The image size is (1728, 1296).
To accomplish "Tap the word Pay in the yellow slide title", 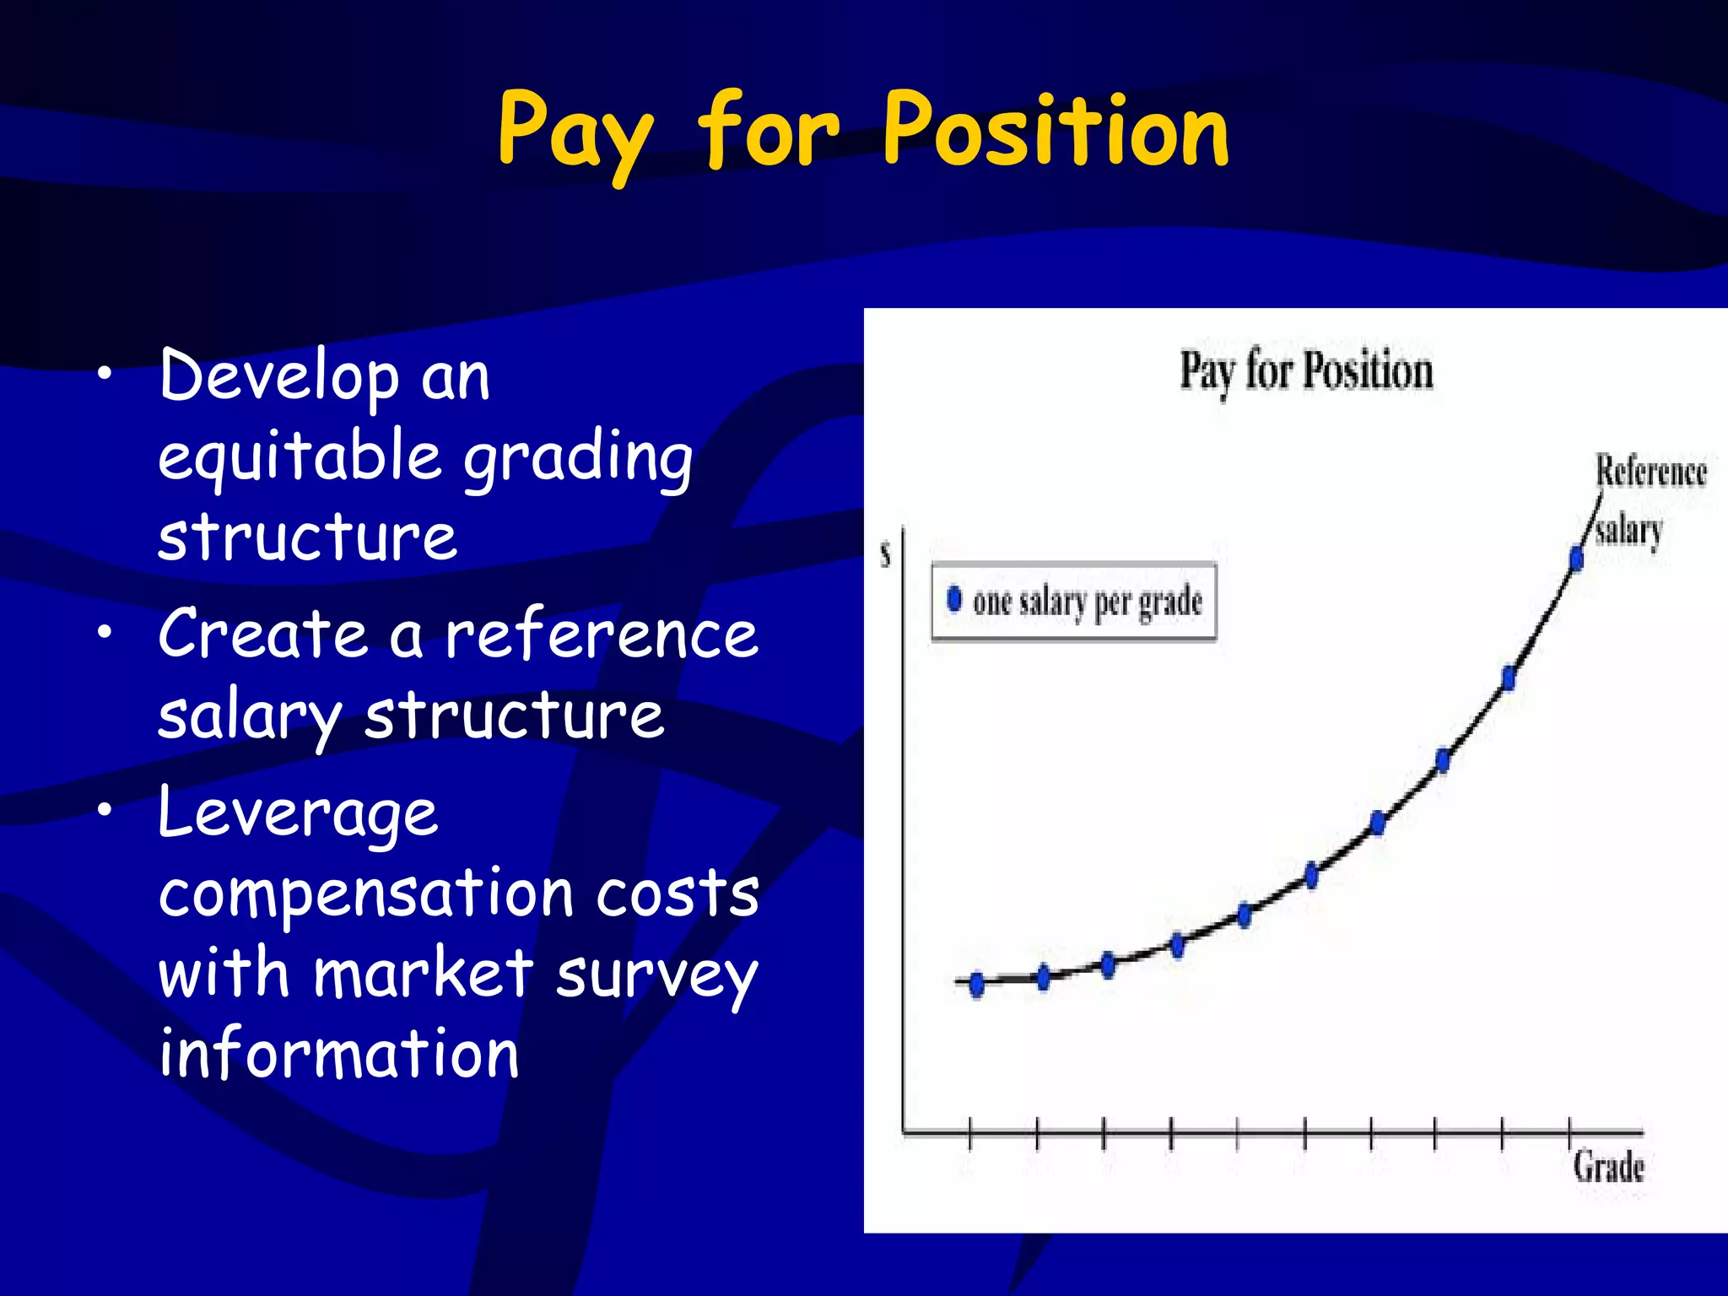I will (x=574, y=135).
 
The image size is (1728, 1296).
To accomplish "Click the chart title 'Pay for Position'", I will (x=1305, y=371).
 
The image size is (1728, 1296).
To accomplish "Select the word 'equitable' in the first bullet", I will (x=300, y=456).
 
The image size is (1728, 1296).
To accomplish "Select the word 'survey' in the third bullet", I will (x=656, y=975).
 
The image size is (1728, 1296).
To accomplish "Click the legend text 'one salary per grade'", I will (x=1087, y=602).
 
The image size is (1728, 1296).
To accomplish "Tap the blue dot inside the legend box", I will (x=954, y=598).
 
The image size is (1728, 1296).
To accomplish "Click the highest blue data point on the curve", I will (x=1576, y=558).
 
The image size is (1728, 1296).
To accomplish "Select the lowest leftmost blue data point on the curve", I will (x=976, y=984).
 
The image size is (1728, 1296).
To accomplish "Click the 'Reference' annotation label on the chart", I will (x=1650, y=471).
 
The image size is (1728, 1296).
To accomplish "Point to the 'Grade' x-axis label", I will (x=1608, y=1167).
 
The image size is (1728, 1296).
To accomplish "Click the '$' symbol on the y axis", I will (x=885, y=555).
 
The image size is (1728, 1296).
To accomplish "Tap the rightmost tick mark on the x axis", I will (x=1569, y=1132).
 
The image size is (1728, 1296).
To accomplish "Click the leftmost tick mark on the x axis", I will (x=969, y=1132).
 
